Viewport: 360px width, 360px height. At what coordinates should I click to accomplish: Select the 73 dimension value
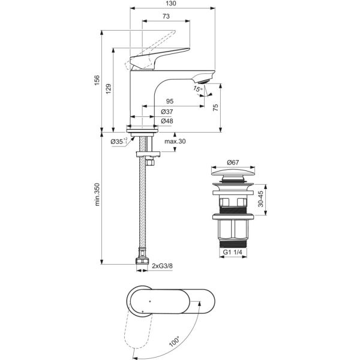(166, 16)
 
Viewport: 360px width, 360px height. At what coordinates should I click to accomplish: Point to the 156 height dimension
(97, 80)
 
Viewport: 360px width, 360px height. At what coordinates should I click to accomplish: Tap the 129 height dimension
(109, 88)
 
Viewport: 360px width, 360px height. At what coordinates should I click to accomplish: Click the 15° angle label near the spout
(198, 89)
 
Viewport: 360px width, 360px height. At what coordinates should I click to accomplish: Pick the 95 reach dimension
(170, 101)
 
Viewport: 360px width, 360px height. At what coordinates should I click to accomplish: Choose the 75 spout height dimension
(215, 107)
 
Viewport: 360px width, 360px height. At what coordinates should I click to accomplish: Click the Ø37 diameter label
(167, 112)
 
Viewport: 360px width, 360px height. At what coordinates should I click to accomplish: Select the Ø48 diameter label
(167, 121)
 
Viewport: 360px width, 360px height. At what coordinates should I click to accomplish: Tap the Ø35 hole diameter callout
(119, 141)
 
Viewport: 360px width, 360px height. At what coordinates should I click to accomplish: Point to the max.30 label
(175, 142)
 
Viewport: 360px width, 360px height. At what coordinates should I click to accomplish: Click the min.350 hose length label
(97, 194)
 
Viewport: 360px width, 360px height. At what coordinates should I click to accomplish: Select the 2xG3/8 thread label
(162, 266)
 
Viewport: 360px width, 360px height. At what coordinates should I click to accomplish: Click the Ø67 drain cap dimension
(233, 163)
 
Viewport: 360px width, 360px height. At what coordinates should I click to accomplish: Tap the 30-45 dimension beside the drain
(260, 199)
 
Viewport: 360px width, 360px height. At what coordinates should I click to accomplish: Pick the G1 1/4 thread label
(233, 252)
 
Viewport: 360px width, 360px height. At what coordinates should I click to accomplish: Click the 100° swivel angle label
(174, 341)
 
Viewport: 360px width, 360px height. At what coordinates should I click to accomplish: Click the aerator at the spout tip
(203, 81)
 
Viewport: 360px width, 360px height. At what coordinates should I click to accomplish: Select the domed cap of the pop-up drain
(233, 172)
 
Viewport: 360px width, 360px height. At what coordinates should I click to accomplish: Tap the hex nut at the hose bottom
(142, 261)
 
